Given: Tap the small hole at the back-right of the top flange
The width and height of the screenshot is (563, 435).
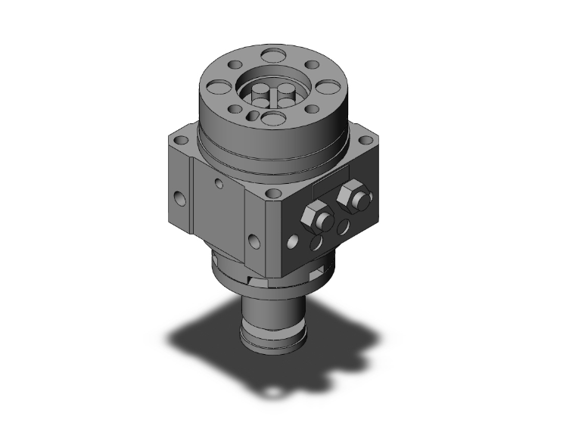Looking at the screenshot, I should coord(309,65).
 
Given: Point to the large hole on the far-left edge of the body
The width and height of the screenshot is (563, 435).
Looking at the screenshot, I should coord(179,199).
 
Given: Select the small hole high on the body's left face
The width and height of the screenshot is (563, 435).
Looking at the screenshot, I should coord(219,183).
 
